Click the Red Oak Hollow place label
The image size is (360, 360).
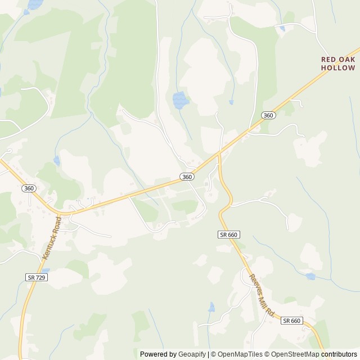(x=338, y=63)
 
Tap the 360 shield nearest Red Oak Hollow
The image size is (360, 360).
(x=268, y=115)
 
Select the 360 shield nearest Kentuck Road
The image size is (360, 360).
(x=29, y=188)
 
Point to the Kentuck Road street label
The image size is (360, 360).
(x=50, y=238)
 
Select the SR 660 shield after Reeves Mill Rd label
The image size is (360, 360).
(x=292, y=321)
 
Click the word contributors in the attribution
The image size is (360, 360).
(x=339, y=354)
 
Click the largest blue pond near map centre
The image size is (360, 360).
(x=180, y=100)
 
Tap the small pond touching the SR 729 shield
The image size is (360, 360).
(x=45, y=272)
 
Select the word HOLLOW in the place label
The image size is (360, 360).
(x=338, y=67)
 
